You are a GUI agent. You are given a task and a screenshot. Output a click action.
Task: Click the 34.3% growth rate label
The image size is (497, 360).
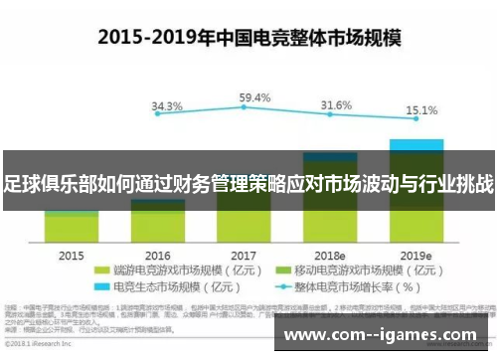pyautogui.click(x=167, y=106)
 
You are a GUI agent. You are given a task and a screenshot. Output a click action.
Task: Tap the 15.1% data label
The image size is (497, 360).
pyautogui.click(x=421, y=110)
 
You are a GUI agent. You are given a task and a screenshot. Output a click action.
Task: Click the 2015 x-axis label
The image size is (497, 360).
pyautogui.click(x=72, y=256)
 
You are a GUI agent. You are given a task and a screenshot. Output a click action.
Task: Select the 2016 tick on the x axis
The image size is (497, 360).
pyautogui.click(x=158, y=256)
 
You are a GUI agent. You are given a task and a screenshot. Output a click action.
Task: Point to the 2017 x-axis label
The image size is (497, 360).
pyautogui.click(x=245, y=256)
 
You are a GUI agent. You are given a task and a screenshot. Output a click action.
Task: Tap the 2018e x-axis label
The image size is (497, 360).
pyautogui.click(x=331, y=256)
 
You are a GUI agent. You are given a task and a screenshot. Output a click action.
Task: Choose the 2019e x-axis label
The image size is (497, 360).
pyautogui.click(x=417, y=256)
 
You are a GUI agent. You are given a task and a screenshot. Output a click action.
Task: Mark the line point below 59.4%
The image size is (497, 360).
pyautogui.click(x=245, y=109)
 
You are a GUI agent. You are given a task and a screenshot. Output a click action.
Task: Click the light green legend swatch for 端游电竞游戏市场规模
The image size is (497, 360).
pyautogui.click(x=99, y=270)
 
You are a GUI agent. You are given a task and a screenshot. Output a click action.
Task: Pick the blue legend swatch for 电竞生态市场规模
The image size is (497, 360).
pyautogui.click(x=99, y=285)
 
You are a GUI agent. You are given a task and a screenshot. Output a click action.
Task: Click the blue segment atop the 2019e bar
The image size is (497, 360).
pyautogui.click(x=416, y=144)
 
